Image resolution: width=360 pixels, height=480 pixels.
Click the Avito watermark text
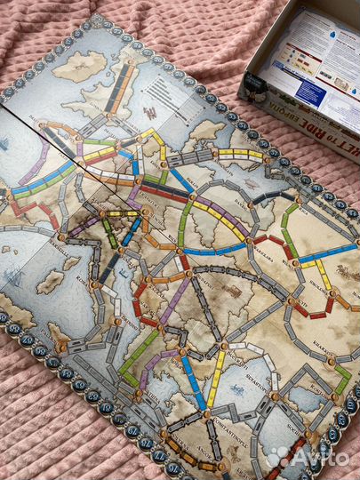(x=308, y=456)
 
